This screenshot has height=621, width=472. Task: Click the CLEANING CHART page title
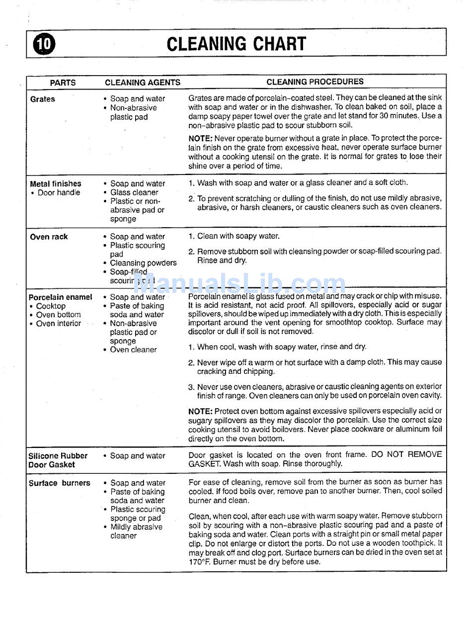[x=236, y=44]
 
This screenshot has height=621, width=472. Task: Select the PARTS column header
[x=63, y=83]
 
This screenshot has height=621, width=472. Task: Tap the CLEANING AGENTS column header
[x=143, y=83]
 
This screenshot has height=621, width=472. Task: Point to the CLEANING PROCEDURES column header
[x=315, y=82]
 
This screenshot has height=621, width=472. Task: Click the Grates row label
[x=43, y=99]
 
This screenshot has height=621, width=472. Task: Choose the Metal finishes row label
[x=56, y=183]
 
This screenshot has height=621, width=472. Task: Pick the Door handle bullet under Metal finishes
[x=59, y=192]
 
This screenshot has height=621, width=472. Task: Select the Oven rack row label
[x=49, y=237]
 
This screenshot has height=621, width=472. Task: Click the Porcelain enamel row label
[x=61, y=297]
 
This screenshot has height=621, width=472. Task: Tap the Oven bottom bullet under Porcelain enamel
[x=58, y=315]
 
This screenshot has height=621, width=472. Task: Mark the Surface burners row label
[x=60, y=483]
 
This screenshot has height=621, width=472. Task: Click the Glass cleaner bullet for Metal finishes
[x=134, y=192]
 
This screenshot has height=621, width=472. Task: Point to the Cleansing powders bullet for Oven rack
[x=143, y=263]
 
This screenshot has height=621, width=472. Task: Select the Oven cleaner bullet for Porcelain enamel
[x=133, y=350]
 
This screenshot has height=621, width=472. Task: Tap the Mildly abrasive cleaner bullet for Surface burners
[x=136, y=531]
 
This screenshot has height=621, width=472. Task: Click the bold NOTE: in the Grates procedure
[x=200, y=138]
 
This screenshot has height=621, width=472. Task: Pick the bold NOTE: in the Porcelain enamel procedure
[x=200, y=411]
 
